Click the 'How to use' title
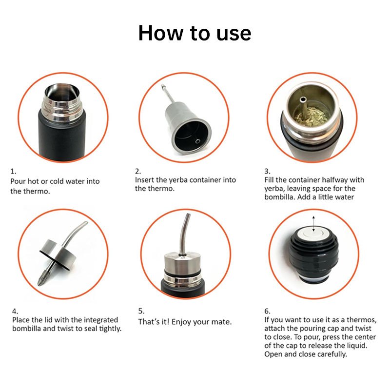[x=195, y=33]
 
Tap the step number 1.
[x=13, y=172]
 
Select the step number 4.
[x=15, y=312]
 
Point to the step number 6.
[x=267, y=312]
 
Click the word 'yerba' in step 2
[x=179, y=180]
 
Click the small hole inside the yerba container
[x=198, y=141]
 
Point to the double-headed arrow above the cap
[x=313, y=224]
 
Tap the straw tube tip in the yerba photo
[x=303, y=100]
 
